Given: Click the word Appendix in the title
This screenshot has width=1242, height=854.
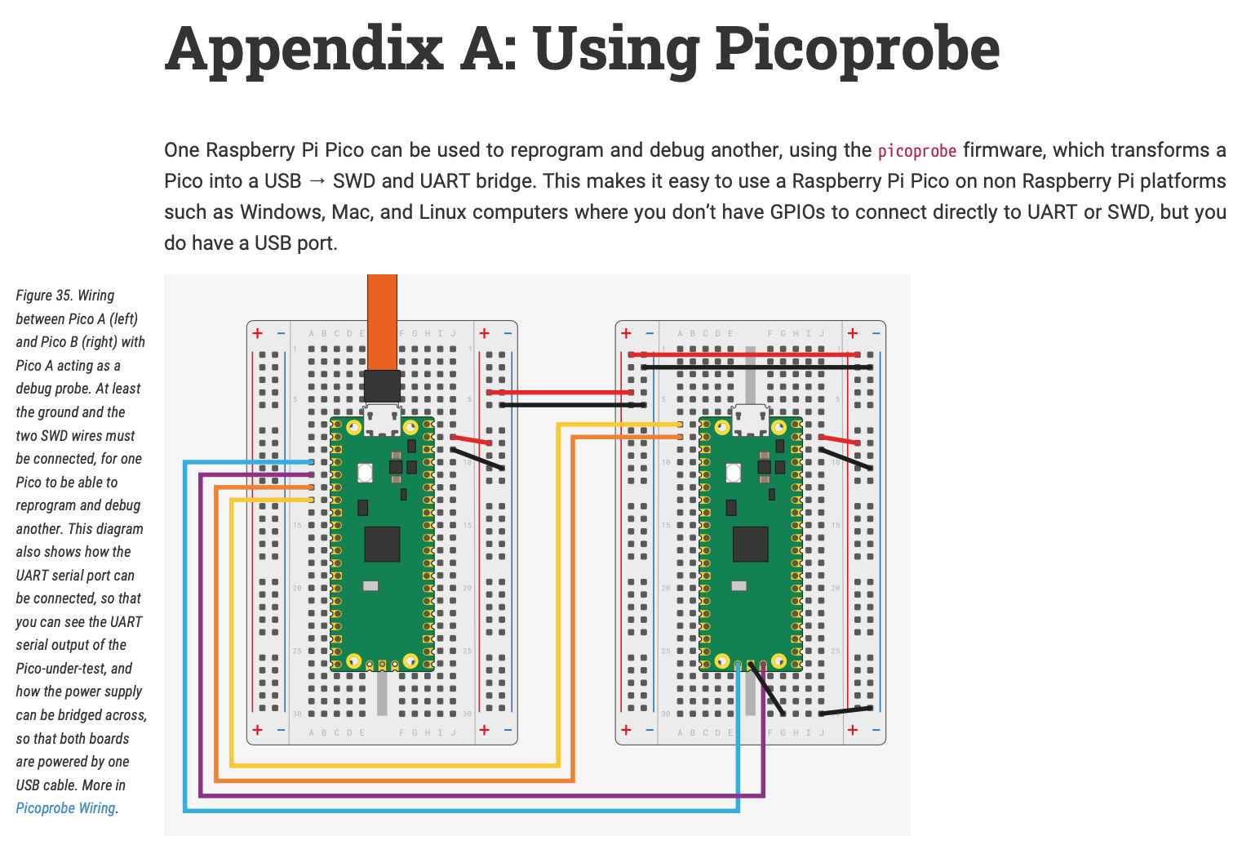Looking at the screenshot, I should pyautogui.click(x=304, y=51).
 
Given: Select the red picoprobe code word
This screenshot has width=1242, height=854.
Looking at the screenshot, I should pyautogui.click(x=916, y=151).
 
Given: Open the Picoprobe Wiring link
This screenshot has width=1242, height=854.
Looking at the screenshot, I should pyautogui.click(x=65, y=808).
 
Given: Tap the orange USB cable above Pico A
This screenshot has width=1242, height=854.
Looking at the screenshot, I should pyautogui.click(x=382, y=318).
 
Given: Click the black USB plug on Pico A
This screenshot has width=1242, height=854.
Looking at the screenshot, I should pyautogui.click(x=382, y=386).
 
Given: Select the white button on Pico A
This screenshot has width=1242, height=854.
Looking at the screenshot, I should pyautogui.click(x=365, y=472).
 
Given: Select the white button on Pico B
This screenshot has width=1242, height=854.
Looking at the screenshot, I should pyautogui.click(x=733, y=472).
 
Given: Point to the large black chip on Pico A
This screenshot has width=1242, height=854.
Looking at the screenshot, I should pyautogui.click(x=381, y=544).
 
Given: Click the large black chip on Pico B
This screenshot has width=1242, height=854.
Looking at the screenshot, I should pyautogui.click(x=750, y=544).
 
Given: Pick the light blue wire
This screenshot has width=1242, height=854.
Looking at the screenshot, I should pyautogui.click(x=457, y=811).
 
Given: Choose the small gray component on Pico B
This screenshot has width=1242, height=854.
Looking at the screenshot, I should pyautogui.click(x=739, y=585).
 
